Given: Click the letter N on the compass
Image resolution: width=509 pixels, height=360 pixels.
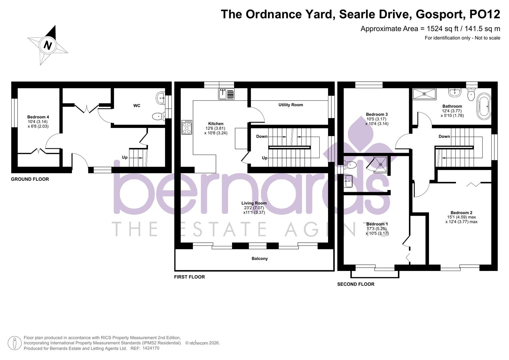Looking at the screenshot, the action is [x=47, y=45].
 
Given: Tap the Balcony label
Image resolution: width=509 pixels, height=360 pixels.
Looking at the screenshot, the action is [x=259, y=258].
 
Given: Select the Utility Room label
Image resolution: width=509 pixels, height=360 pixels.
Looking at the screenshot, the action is [x=291, y=105].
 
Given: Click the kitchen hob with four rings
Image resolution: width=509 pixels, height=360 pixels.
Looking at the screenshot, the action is [x=187, y=127].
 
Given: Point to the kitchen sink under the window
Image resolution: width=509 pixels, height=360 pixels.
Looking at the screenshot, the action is [x=226, y=94].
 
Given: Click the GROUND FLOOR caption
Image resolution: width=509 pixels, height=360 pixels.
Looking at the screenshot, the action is [x=30, y=179].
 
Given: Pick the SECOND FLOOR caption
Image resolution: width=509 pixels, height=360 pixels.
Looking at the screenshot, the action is [x=356, y=284].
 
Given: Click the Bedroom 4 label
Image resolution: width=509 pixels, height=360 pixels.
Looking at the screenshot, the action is [x=38, y=117].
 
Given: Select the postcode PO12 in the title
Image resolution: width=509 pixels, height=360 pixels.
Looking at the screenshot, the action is [x=485, y=14].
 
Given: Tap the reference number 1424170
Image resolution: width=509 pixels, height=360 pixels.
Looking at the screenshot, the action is [x=151, y=348].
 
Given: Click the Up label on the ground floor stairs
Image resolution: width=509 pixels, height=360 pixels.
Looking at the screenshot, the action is [x=125, y=157].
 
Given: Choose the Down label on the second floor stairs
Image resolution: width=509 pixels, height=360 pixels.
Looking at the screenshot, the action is [x=444, y=136].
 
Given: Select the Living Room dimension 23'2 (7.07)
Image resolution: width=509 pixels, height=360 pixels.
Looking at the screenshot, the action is [x=254, y=208].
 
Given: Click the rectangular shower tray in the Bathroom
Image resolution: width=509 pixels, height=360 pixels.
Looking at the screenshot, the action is [x=424, y=94].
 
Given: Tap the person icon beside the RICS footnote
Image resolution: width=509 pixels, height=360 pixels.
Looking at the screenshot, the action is [x=15, y=343].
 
